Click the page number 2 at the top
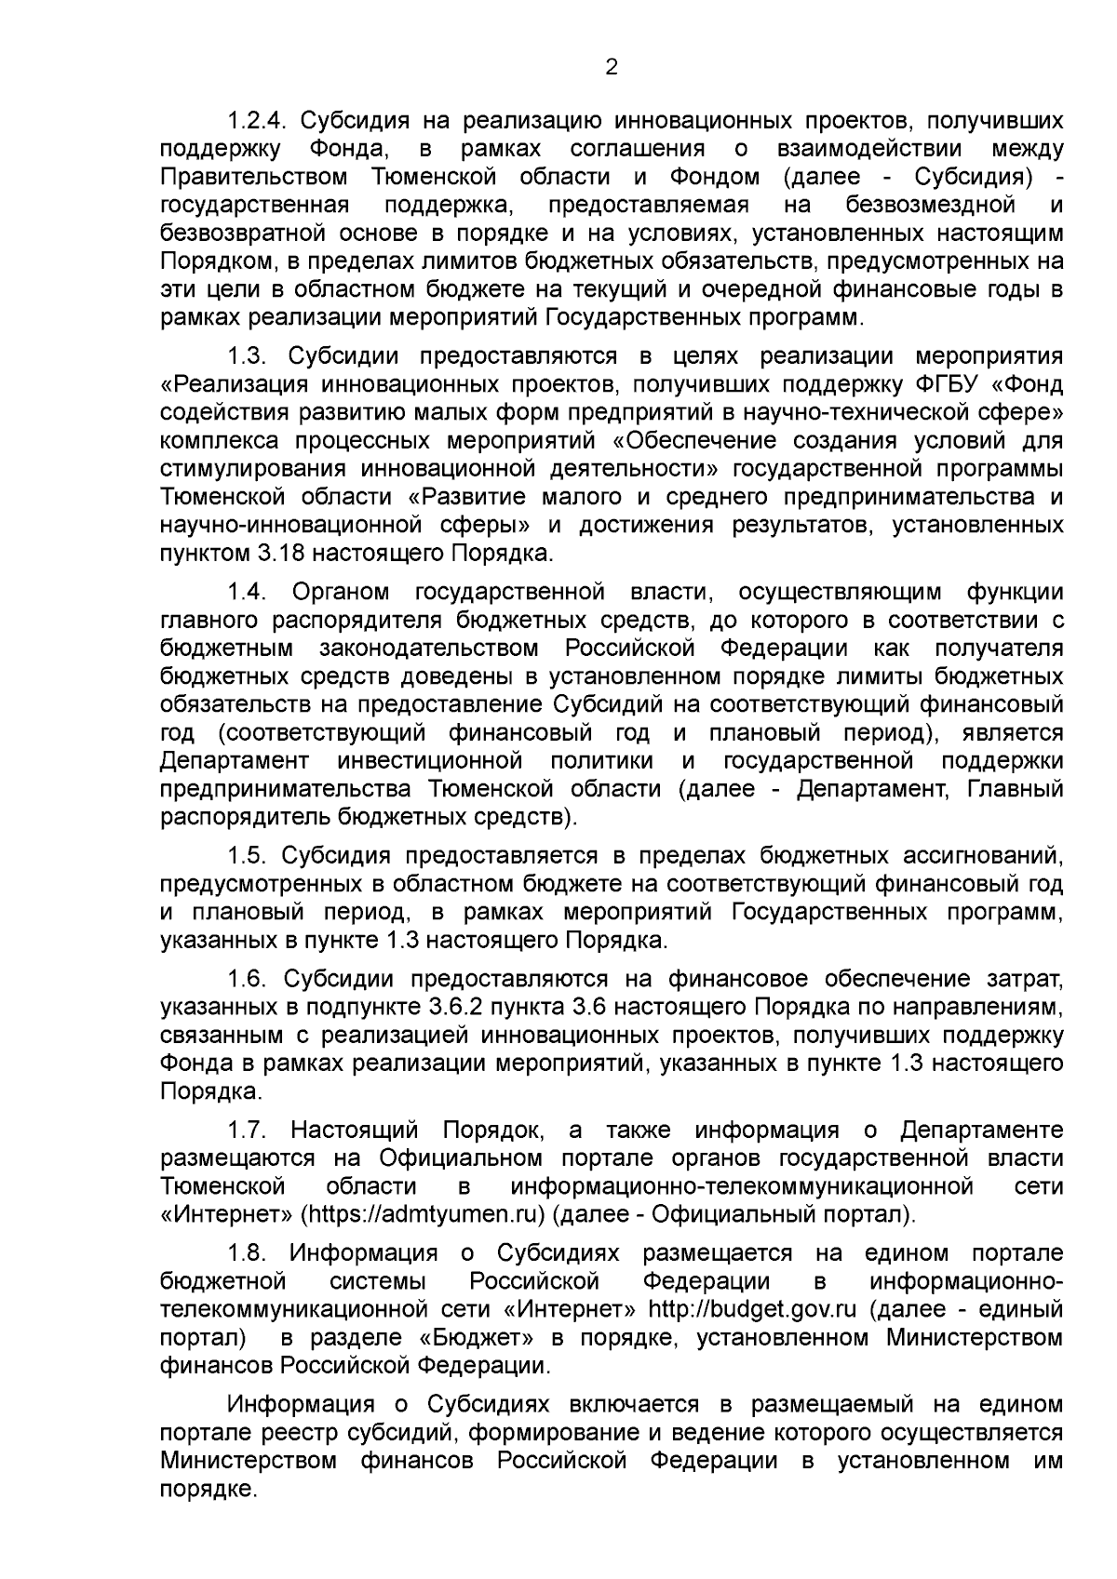(612, 67)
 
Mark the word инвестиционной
(430, 761)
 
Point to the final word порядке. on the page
(208, 1489)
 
